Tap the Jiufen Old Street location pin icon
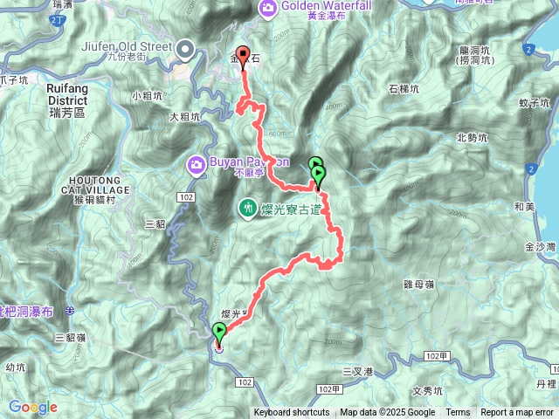[x=185, y=50]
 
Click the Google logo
[x=32, y=407]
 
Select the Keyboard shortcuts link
[x=292, y=413]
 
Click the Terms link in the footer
[x=458, y=413]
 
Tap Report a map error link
[x=517, y=413]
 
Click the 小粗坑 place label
[x=148, y=95]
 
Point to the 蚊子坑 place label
[x=533, y=103]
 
